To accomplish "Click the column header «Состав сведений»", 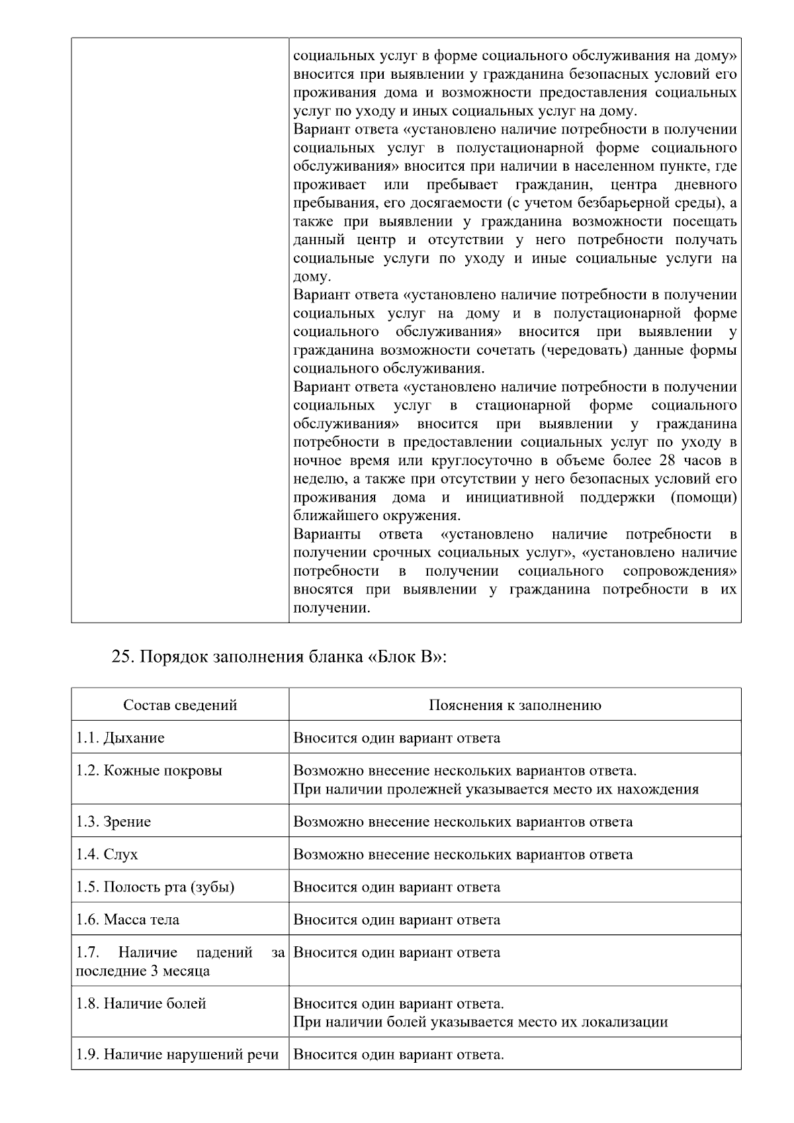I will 180,705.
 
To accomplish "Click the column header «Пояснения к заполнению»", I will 515,705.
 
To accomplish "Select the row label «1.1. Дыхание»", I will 120,738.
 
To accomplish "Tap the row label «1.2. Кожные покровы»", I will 149,771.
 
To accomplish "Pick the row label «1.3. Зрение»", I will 113,822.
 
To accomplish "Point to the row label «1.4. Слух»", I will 107,854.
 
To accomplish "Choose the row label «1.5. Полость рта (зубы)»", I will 155,887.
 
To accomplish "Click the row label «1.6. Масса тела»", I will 128,920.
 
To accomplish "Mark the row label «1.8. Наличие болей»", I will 141,1004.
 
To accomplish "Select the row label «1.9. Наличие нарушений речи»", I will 177,1055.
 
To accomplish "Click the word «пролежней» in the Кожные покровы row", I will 421,789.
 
